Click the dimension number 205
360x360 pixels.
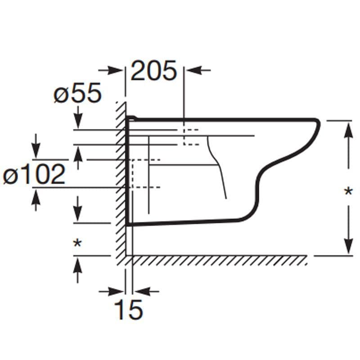point(154,71)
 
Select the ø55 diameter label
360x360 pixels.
point(77,94)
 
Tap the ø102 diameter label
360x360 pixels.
point(34,175)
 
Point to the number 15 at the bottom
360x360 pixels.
point(128,310)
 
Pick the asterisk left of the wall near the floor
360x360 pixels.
point(77,243)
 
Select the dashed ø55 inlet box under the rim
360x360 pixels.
point(191,137)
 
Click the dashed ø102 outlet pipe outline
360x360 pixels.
point(144,173)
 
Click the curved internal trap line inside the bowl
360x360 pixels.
point(218,166)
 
